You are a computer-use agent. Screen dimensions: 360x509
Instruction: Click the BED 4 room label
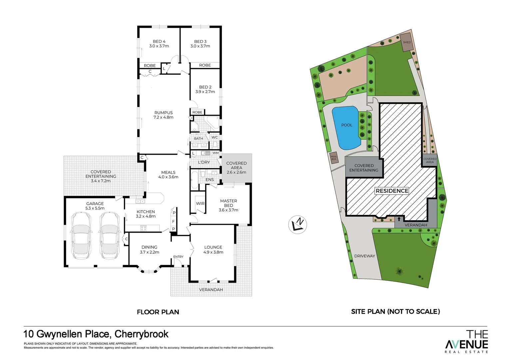(159, 44)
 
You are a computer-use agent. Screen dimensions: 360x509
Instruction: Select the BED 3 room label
(200, 44)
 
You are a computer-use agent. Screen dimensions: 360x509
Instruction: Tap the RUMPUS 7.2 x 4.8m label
(163, 115)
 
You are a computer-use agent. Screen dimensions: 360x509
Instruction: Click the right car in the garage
(109, 236)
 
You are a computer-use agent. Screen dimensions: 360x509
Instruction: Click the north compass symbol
(297, 225)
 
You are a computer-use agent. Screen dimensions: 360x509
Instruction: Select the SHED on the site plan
(407, 42)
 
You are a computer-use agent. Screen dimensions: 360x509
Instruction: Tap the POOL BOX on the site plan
(334, 158)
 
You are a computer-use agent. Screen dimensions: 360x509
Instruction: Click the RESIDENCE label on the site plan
(392, 191)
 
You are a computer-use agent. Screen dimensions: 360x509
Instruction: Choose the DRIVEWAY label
(364, 256)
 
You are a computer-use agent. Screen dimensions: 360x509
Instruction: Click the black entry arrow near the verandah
(399, 219)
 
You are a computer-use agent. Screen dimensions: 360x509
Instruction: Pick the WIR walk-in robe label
(200, 203)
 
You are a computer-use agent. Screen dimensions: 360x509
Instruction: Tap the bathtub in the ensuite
(194, 180)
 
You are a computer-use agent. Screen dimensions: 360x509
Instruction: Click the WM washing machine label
(216, 153)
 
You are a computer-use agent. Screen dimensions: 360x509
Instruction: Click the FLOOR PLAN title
(158, 312)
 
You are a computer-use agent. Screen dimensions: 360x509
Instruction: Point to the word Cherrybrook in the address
(141, 334)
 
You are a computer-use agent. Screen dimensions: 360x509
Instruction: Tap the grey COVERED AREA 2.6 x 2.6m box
(237, 168)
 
